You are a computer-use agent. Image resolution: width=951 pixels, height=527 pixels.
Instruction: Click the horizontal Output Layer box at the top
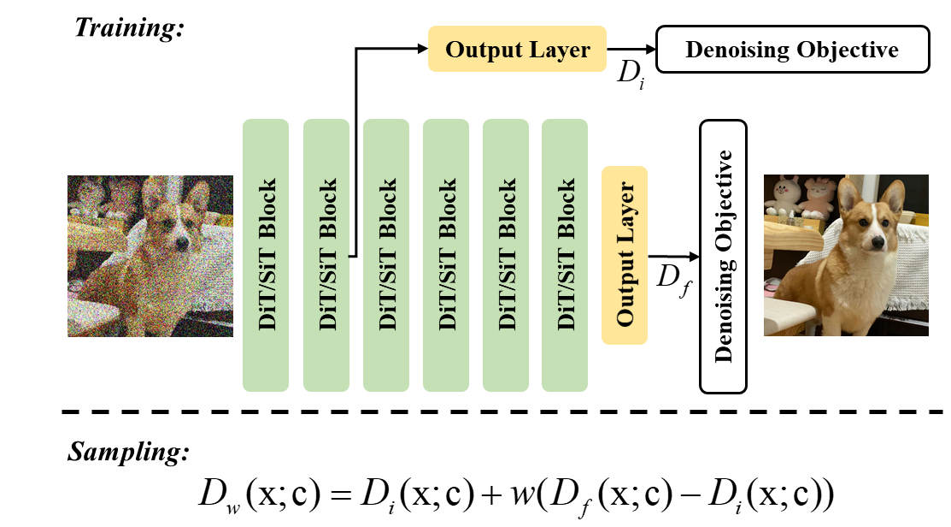(x=517, y=49)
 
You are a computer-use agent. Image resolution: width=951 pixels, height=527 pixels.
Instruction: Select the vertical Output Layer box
(x=625, y=255)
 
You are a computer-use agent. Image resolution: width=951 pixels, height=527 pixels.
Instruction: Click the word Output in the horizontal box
(x=483, y=50)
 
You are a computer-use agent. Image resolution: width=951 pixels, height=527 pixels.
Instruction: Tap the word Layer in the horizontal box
(x=559, y=50)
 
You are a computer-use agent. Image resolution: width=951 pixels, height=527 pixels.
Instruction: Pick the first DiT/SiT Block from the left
(x=266, y=255)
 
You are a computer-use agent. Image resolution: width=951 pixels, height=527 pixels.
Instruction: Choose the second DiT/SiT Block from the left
(x=326, y=255)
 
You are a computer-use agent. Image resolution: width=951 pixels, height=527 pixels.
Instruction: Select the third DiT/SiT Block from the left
(x=386, y=255)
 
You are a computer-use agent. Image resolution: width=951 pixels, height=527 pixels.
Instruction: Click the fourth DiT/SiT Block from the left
(x=446, y=255)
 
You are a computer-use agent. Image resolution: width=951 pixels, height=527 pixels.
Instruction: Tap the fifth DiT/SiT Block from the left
(x=506, y=255)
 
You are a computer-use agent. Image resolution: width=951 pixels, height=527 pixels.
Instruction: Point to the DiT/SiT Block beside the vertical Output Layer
(x=565, y=255)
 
